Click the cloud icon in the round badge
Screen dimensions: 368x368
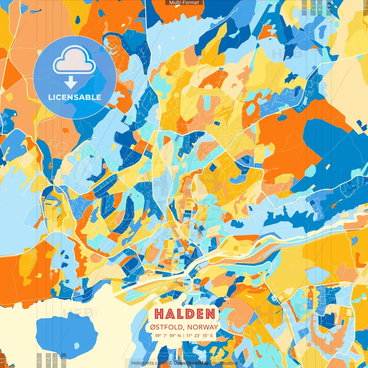point(74,60)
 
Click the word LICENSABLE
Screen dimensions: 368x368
point(75,97)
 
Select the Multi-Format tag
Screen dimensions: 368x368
point(184,3)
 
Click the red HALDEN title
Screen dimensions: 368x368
point(185,314)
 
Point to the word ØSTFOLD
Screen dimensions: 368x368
point(167,327)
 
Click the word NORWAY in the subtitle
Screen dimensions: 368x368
point(202,327)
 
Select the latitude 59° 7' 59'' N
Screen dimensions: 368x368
point(168,336)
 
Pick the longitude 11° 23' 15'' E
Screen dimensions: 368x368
point(200,336)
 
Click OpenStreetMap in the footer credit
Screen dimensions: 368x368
point(191,363)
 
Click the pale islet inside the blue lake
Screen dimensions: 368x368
point(77,345)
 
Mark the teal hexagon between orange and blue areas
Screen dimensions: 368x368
point(310,171)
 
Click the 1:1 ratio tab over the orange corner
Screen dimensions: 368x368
point(2,360)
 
